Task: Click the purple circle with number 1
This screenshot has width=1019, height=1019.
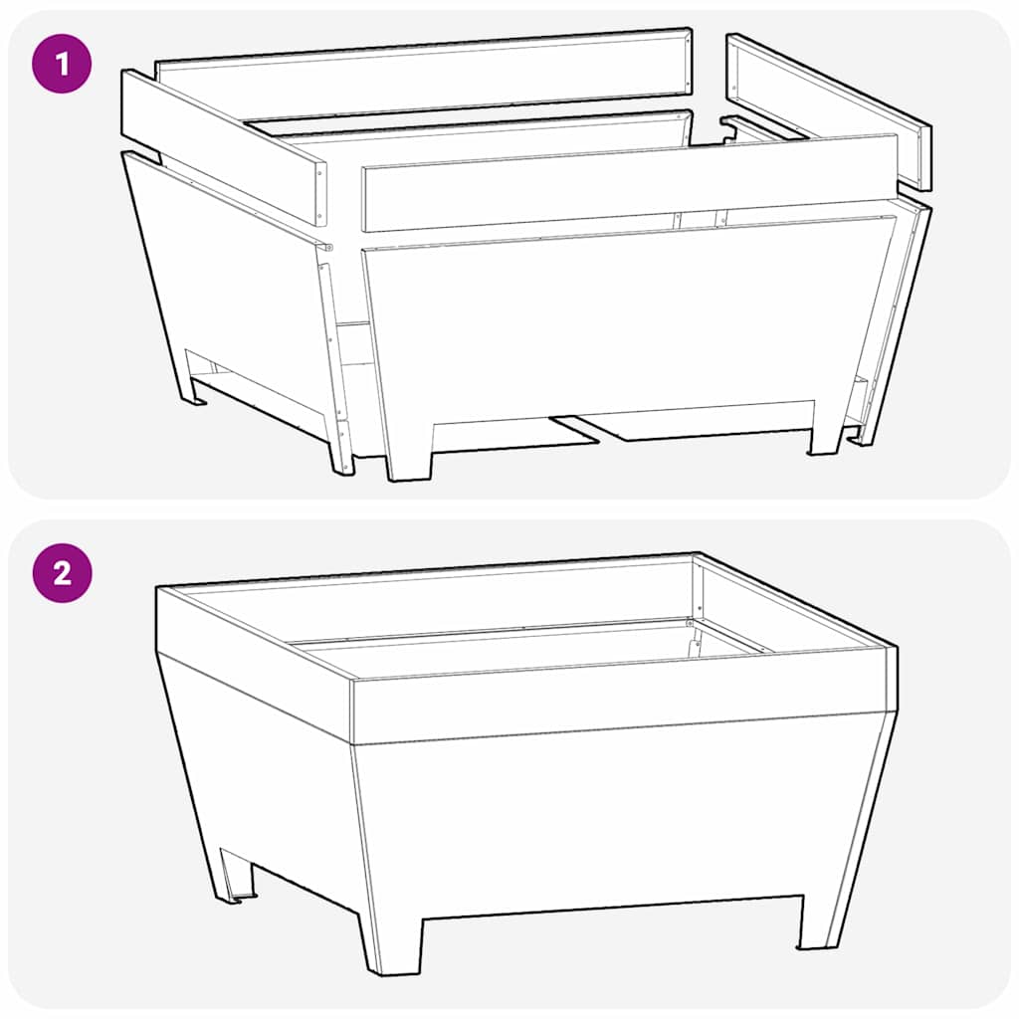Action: [x=62, y=66]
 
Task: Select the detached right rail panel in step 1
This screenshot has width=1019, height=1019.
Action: [x=828, y=109]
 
